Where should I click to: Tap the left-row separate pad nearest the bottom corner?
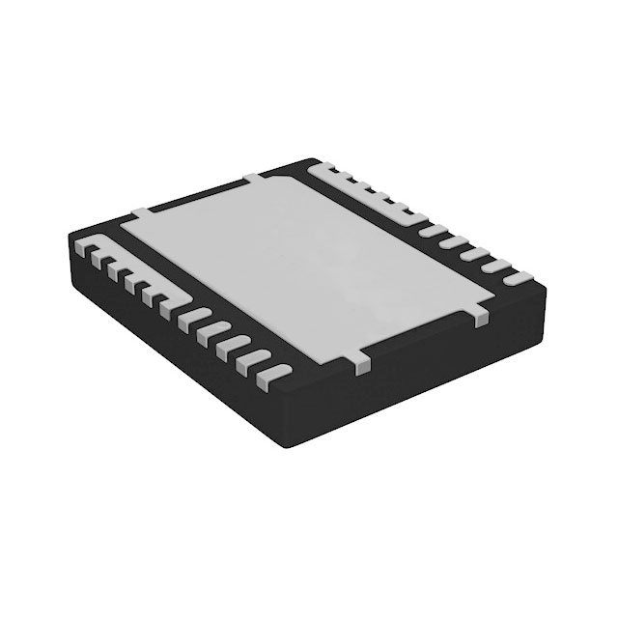(x=274, y=369)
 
